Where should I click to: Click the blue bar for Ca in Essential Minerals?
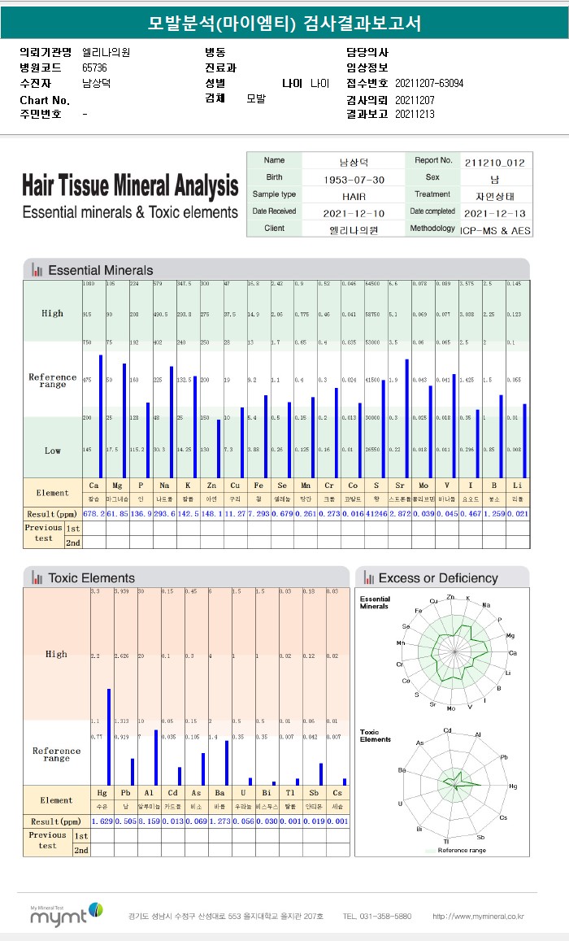(x=101, y=416)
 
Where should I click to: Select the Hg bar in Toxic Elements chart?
(x=109, y=737)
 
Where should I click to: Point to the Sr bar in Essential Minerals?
(x=407, y=418)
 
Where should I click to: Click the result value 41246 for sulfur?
(x=376, y=515)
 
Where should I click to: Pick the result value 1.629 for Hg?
(x=102, y=821)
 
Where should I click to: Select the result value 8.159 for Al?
(x=150, y=821)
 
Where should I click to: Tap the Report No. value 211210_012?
(x=494, y=162)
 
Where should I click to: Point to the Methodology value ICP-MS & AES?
(x=494, y=230)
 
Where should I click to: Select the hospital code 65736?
(x=94, y=68)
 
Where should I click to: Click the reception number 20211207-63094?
(x=429, y=83)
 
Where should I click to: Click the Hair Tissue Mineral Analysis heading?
(x=130, y=186)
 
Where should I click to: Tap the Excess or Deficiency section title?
(x=438, y=578)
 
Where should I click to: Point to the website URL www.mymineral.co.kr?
(x=478, y=917)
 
